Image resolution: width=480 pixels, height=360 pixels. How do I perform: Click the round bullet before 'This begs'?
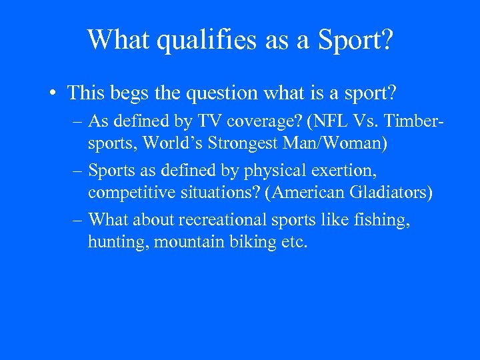pyautogui.click(x=53, y=93)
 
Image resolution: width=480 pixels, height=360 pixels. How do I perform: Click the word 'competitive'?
pyautogui.click(x=127, y=193)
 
